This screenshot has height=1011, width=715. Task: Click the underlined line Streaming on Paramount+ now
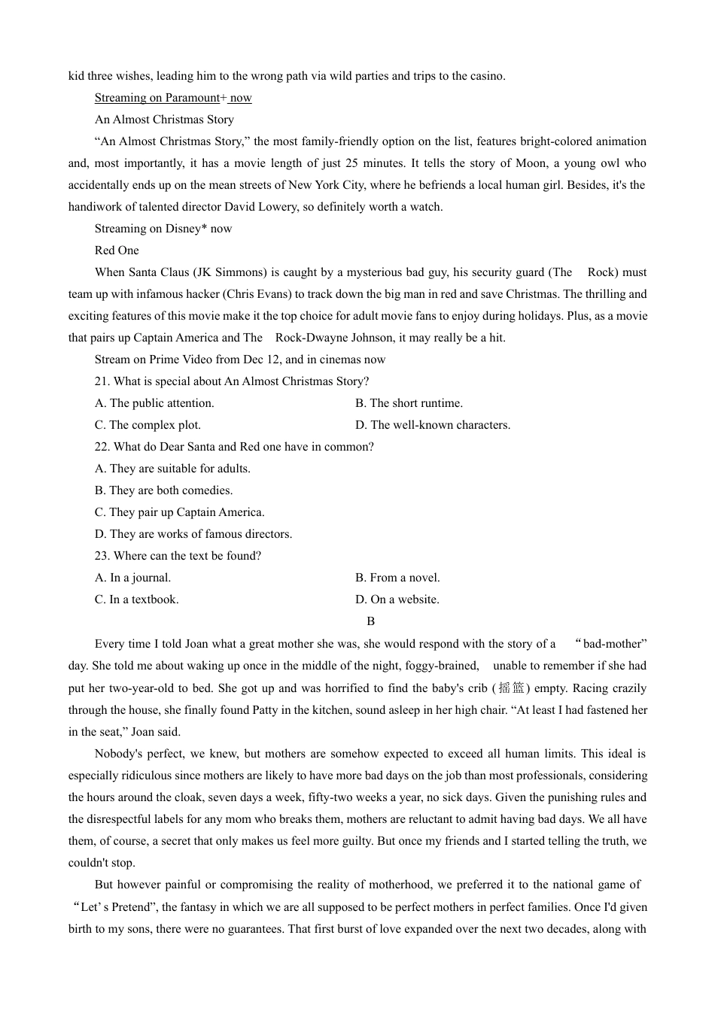click(173, 98)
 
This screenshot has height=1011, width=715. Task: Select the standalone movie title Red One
click(117, 250)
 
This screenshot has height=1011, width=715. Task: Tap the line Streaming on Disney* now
click(163, 229)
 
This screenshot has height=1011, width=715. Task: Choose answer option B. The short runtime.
click(409, 403)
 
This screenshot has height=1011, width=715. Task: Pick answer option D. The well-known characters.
click(433, 425)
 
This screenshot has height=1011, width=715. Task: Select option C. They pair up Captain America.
click(179, 512)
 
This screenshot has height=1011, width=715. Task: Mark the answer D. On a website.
click(397, 600)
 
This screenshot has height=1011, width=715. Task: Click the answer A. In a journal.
click(132, 578)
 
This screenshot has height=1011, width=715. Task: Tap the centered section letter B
click(370, 621)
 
